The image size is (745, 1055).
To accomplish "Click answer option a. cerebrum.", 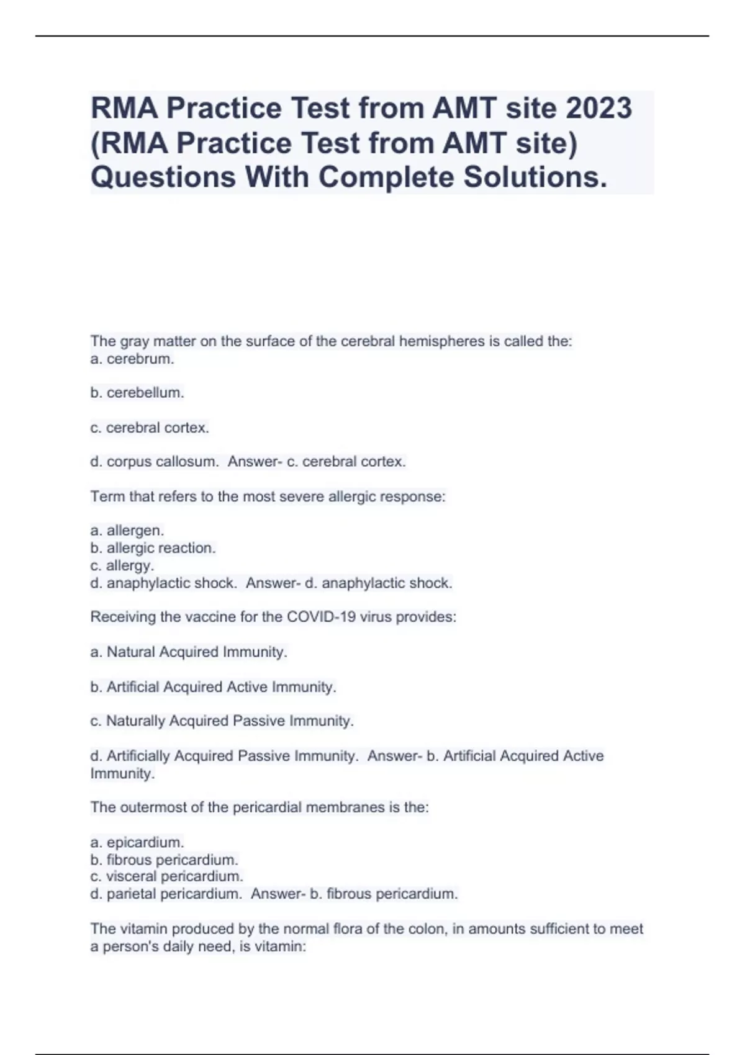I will click(132, 359).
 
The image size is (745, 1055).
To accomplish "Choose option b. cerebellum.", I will click(137, 393).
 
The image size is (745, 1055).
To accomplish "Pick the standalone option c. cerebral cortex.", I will click(150, 428).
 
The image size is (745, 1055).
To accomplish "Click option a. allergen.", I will click(127, 531).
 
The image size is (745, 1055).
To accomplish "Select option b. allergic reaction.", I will click(153, 548).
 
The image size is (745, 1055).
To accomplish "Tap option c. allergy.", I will click(122, 565).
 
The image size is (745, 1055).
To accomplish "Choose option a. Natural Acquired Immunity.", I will click(189, 652).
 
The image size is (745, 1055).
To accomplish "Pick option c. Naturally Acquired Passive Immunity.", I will click(222, 721).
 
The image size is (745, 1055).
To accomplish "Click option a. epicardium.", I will click(137, 842).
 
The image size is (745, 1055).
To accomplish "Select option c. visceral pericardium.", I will click(166, 876).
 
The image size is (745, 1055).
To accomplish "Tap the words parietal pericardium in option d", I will click(173, 894).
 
